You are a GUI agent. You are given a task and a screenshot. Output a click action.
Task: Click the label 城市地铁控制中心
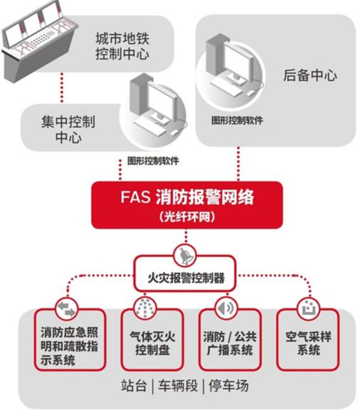tap(122, 46)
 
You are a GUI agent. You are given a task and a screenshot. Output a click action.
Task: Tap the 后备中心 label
tap(310, 75)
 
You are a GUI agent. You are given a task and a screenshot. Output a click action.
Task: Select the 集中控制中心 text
tap(68, 129)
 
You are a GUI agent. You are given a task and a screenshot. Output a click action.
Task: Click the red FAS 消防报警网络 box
tap(187, 205)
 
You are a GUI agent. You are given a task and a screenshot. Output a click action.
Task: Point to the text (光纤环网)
tap(187, 216)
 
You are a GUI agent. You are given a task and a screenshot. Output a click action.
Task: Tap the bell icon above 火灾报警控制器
tap(186, 256)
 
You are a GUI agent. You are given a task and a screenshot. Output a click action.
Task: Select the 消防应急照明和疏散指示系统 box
tap(70, 340)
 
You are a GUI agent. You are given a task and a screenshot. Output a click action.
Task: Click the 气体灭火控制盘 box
tap(152, 340)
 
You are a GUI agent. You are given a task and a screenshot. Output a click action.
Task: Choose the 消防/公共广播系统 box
tap(230, 340)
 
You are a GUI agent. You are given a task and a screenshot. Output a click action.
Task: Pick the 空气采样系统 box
tap(308, 340)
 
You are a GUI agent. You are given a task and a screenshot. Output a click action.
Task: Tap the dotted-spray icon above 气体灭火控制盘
tap(145, 307)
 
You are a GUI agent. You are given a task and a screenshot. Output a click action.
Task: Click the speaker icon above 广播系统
tap(226, 308)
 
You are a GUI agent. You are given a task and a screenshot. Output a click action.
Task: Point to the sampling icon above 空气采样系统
tap(309, 308)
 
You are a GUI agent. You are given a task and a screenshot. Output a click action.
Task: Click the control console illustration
tap(39, 39)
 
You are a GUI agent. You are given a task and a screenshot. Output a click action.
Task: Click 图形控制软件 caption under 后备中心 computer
tap(238, 120)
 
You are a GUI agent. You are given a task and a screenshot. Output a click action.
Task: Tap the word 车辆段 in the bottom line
tap(178, 386)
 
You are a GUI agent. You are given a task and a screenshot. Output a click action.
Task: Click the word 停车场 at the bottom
tap(228, 386)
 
